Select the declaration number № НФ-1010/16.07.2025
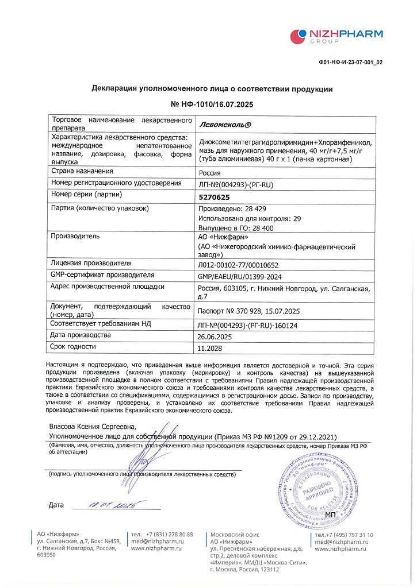coord(212,105)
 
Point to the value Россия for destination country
coord(209,172)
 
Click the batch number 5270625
coord(214,196)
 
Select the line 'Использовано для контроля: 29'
coord(250,218)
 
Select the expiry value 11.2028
coord(209,348)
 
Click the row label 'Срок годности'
coord(73,347)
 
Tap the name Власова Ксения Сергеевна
coord(93,426)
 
